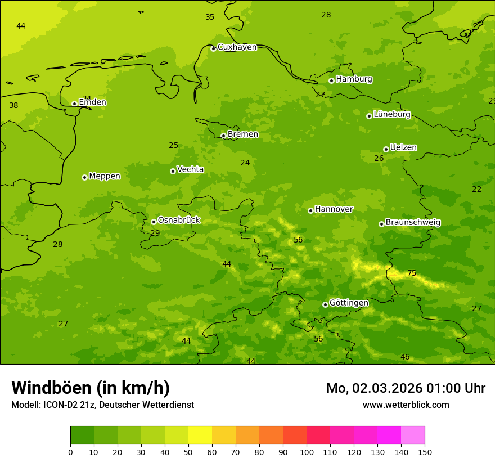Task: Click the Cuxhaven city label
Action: (237, 47)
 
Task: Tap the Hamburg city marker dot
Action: (331, 80)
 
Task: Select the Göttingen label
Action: (349, 303)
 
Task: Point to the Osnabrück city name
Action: (179, 221)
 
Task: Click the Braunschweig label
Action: (413, 223)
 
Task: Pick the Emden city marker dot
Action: (74, 104)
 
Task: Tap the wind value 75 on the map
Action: (412, 273)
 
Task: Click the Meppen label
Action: (105, 177)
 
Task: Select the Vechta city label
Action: (190, 170)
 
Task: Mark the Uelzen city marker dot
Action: (386, 149)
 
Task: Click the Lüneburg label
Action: (392, 115)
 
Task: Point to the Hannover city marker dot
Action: (310, 210)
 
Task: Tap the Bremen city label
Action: (243, 134)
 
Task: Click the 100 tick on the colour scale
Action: (307, 452)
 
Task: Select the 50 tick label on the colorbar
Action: (188, 452)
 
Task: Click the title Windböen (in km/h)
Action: (91, 388)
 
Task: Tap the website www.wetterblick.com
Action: (406, 405)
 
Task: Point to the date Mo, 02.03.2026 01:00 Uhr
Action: (406, 388)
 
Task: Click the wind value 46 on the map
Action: (405, 357)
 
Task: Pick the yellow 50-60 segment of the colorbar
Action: (200, 435)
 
